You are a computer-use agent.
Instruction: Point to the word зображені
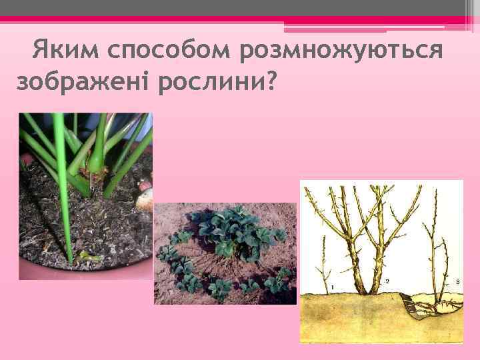[x=81, y=82]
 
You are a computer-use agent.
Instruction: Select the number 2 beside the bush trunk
[x=387, y=282]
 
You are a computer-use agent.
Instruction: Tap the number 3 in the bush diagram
[x=457, y=283]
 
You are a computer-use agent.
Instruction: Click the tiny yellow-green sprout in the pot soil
[x=85, y=255]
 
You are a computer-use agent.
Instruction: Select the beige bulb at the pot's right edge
[x=145, y=197]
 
